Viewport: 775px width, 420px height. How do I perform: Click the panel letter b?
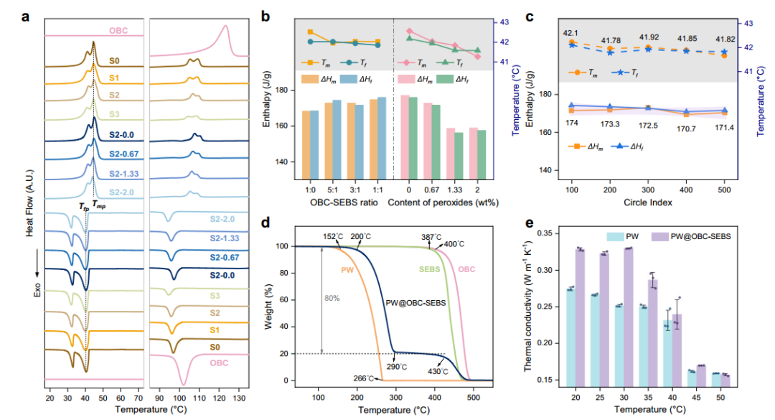pos(265,14)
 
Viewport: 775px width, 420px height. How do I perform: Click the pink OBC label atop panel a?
pos(119,31)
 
